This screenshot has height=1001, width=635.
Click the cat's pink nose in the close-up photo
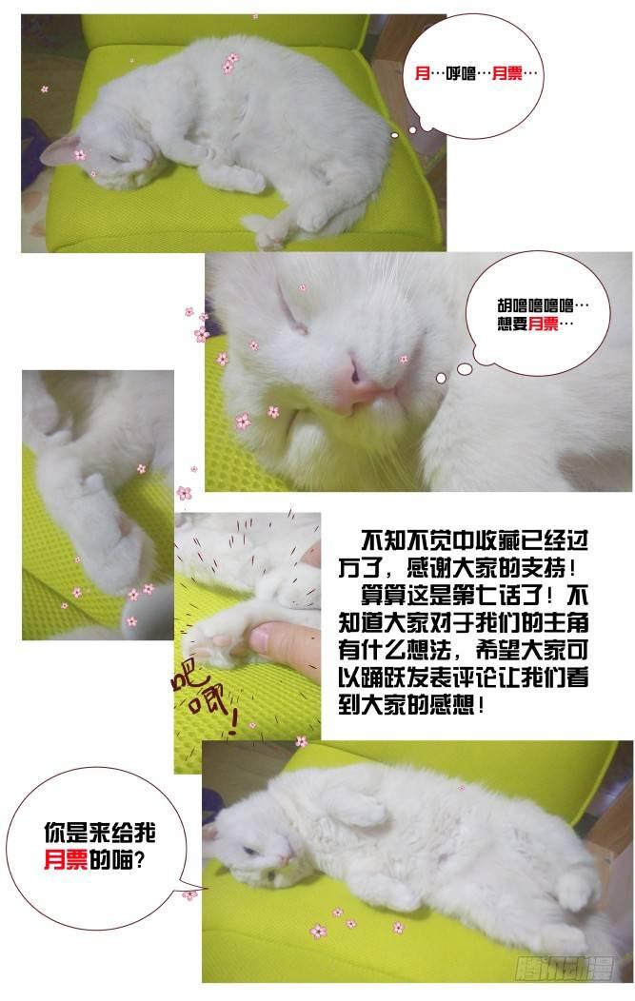click(354, 384)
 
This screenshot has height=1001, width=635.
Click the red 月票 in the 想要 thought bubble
click(544, 324)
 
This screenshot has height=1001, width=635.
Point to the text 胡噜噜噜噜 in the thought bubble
click(535, 305)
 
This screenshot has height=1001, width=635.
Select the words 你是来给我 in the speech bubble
click(100, 833)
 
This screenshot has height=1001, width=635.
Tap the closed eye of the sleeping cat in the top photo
click(117, 157)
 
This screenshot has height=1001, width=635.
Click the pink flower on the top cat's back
click(229, 63)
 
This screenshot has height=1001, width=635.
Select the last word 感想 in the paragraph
click(452, 705)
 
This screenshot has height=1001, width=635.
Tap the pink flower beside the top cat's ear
click(80, 154)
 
